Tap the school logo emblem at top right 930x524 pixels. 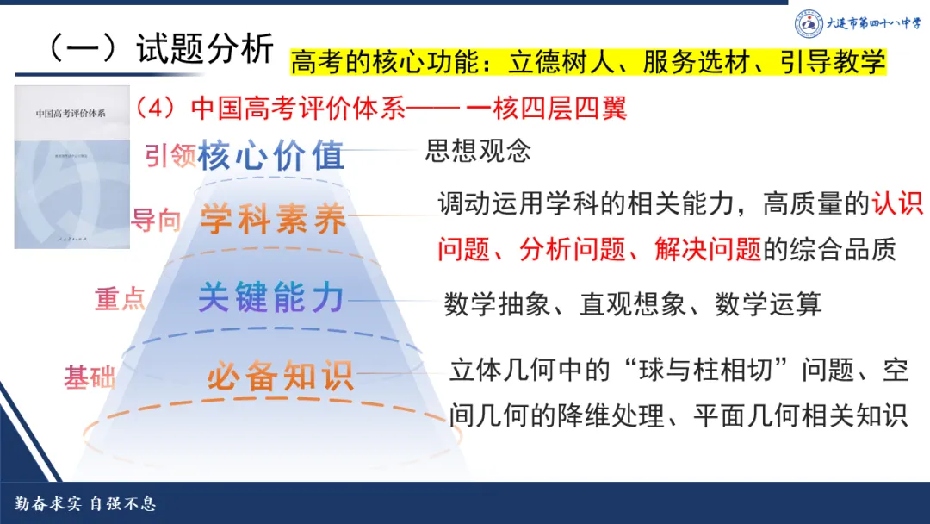point(809,23)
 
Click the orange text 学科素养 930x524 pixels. point(273,220)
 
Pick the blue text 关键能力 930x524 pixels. point(271,298)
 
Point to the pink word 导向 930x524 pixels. point(156,220)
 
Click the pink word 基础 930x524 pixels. point(90,377)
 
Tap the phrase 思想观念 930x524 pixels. point(478,151)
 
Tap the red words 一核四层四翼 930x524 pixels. point(546,108)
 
